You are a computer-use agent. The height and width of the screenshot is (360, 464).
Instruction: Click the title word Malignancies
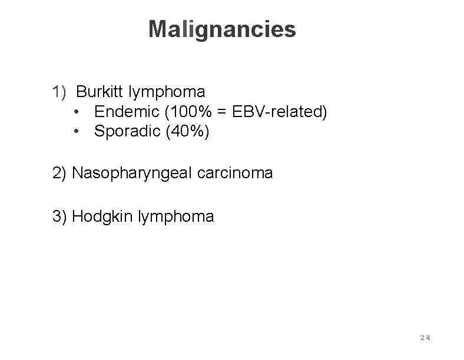(x=222, y=29)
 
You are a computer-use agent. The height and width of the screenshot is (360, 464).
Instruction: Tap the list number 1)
(x=60, y=92)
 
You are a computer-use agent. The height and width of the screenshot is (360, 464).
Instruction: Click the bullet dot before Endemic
(x=78, y=111)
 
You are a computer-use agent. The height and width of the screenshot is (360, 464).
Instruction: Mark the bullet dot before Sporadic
(x=78, y=131)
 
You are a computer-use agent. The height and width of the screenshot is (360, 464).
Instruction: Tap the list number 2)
(x=59, y=173)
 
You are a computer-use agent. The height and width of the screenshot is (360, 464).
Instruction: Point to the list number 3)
(x=59, y=216)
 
